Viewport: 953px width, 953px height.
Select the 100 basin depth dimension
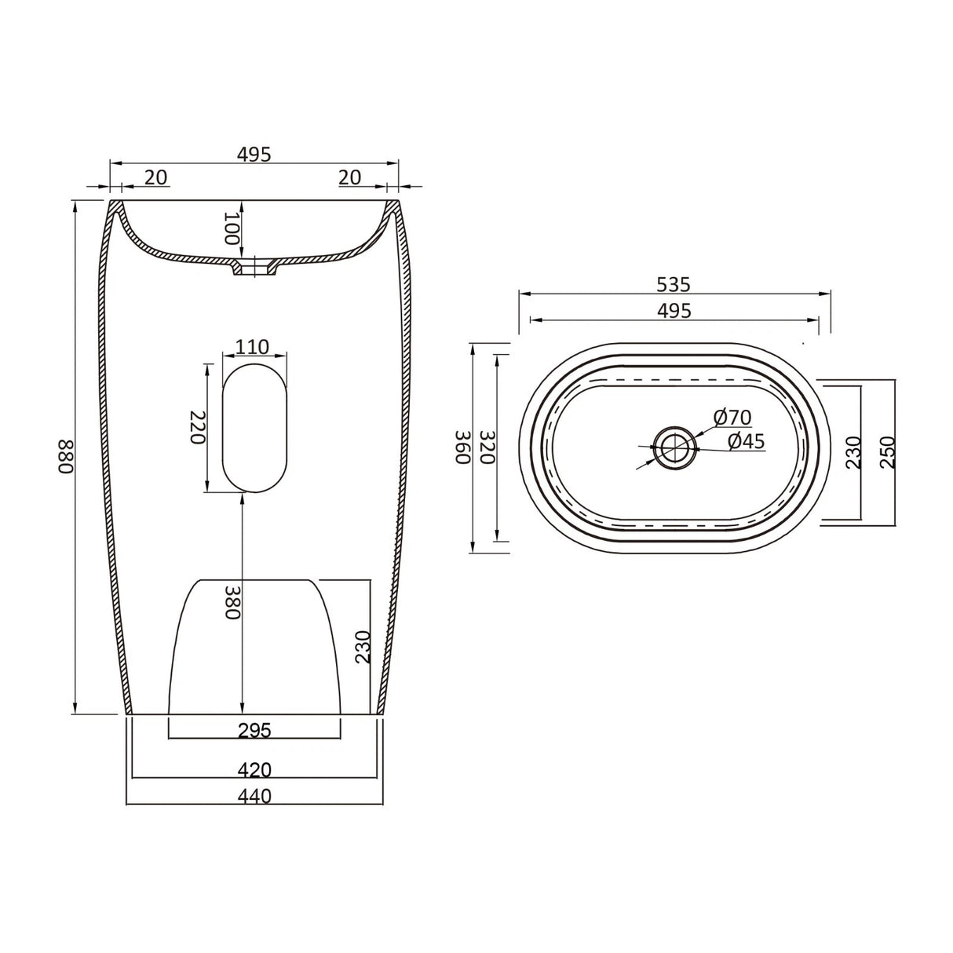(x=231, y=228)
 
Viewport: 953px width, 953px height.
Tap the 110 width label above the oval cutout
(x=253, y=346)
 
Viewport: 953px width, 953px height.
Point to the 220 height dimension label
(x=196, y=427)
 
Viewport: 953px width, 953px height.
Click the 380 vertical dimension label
(x=231, y=602)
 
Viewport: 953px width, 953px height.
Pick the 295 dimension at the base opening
(x=254, y=731)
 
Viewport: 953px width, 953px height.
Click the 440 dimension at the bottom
(x=254, y=796)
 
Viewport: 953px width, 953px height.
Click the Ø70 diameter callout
(x=732, y=417)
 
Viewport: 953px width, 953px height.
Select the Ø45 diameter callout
(x=745, y=441)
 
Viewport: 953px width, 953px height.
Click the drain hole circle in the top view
(x=674, y=448)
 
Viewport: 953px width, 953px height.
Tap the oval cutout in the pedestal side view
(x=254, y=427)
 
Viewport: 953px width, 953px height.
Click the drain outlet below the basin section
(x=255, y=268)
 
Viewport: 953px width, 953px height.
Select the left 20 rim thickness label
(x=156, y=177)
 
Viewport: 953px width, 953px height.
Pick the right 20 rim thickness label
(x=349, y=177)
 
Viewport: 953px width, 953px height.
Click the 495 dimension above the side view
(x=254, y=155)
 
